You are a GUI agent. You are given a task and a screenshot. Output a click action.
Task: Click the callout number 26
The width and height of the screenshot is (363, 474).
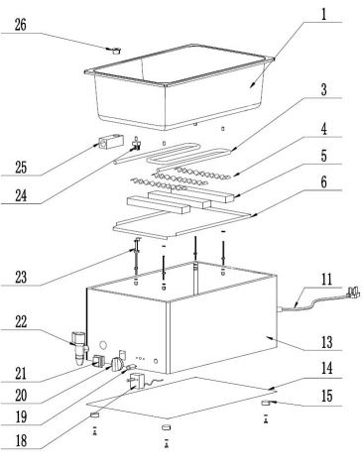click(21, 25)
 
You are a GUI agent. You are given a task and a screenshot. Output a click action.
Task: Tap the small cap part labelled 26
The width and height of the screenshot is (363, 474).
click(116, 51)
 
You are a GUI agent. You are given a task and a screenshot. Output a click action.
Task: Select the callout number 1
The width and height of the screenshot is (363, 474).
click(324, 14)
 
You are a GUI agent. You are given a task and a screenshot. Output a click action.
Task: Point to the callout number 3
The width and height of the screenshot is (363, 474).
click(324, 89)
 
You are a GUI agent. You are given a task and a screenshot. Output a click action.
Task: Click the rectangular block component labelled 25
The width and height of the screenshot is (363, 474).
click(110, 143)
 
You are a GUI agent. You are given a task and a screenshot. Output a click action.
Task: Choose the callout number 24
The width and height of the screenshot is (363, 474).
click(21, 195)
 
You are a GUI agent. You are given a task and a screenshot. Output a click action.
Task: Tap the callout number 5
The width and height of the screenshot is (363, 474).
click(324, 156)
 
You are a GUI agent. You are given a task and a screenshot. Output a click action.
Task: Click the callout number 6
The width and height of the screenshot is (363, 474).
click(324, 181)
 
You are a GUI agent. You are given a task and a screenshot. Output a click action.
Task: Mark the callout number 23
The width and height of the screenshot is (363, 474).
click(21, 277)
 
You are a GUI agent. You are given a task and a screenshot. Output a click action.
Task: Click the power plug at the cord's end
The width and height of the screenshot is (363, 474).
click(353, 293)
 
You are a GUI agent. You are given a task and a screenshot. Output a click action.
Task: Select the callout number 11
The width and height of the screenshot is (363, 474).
click(326, 280)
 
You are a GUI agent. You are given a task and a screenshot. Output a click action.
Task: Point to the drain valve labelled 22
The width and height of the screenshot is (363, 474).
click(80, 348)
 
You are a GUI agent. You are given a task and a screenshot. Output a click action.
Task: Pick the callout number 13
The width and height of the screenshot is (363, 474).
click(326, 342)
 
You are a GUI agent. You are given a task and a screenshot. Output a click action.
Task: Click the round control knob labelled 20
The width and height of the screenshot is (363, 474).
click(117, 364)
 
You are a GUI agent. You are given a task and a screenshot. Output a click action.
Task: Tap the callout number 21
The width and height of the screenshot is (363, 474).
click(21, 374)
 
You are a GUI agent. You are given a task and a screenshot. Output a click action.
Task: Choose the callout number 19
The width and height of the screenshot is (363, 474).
click(21, 417)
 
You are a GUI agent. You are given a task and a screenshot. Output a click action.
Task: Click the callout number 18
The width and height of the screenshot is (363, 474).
click(21, 440)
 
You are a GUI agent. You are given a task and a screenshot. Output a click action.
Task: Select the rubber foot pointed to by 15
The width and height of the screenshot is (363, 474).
click(267, 403)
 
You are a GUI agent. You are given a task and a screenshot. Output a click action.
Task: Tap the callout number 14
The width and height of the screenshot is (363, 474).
click(326, 368)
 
